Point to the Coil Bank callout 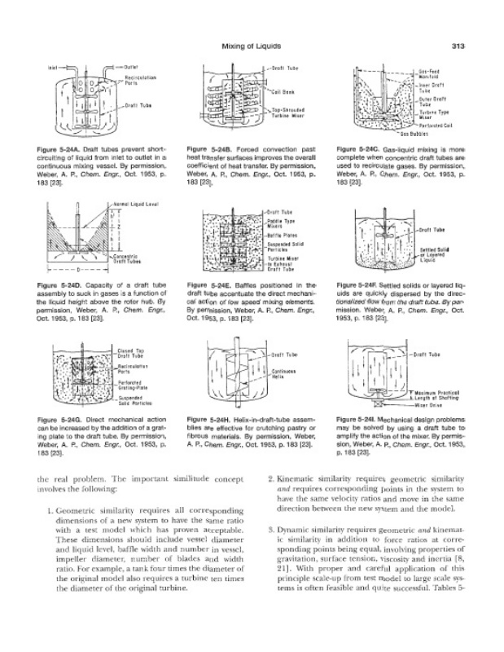283,92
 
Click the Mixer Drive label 428,404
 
